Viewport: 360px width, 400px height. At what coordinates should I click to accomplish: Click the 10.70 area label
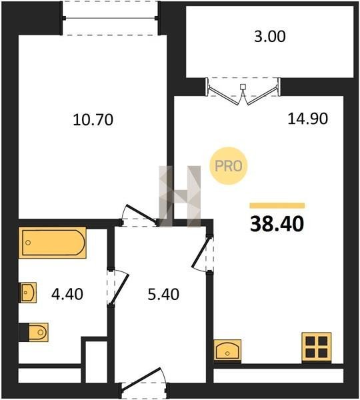93,120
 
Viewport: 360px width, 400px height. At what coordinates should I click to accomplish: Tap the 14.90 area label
308,119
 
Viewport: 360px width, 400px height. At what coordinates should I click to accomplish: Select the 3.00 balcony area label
270,36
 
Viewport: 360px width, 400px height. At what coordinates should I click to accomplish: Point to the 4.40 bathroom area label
67,294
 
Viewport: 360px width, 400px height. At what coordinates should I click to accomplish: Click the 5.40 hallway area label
163,294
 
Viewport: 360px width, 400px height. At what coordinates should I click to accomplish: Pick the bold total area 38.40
277,224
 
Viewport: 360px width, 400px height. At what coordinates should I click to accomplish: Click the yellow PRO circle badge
229,166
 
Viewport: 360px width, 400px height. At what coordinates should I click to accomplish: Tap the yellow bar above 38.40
277,205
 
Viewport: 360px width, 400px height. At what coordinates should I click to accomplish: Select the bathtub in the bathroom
53,243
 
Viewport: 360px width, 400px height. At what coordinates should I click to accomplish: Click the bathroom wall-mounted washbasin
28,293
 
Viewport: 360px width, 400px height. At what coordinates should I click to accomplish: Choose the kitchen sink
227,350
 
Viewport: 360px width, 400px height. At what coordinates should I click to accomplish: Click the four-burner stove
317,347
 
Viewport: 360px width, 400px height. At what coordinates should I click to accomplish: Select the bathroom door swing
117,287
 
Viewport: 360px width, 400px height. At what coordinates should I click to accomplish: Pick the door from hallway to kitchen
203,254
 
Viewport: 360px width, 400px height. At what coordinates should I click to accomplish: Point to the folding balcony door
243,91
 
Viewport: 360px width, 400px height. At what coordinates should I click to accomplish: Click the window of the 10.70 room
110,18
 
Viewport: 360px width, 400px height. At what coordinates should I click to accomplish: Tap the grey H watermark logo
180,196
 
